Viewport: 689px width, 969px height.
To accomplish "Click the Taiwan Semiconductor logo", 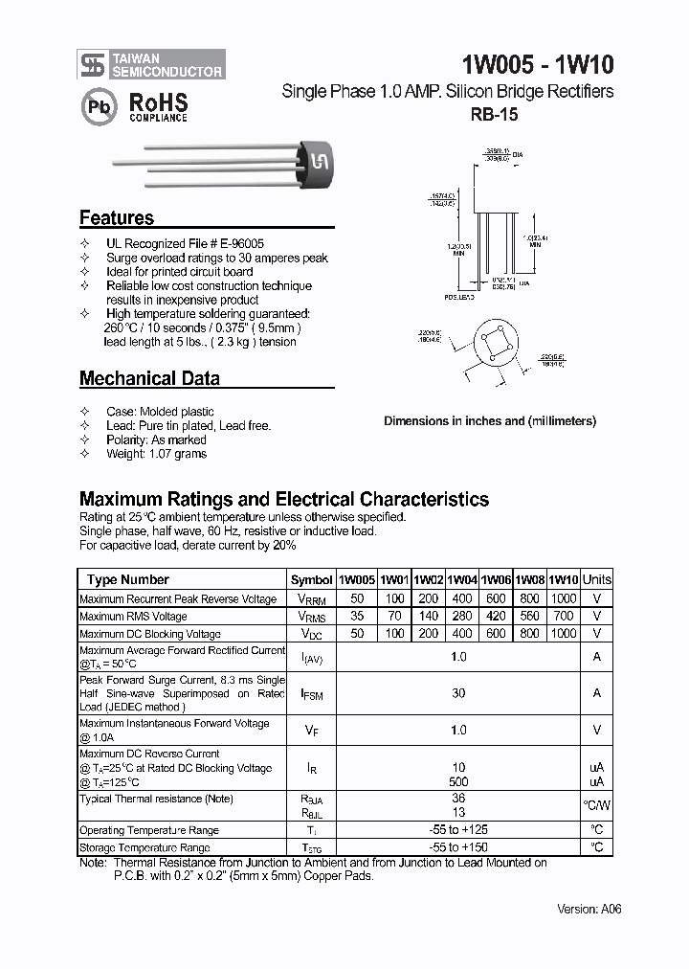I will tap(151, 65).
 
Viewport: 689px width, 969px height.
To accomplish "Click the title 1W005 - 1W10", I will tap(538, 65).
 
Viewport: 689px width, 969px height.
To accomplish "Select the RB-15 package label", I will tap(495, 114).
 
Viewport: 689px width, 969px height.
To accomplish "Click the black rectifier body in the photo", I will tap(316, 164).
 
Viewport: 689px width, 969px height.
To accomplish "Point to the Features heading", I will tap(116, 217).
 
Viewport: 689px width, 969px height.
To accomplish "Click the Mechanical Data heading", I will tap(149, 378).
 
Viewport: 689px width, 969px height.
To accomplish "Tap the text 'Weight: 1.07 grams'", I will tap(156, 454).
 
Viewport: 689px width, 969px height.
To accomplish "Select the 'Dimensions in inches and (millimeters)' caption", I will tap(490, 420).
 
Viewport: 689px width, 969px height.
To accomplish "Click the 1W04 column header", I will tap(462, 579).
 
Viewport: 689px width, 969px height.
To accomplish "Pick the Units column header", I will tap(596, 579).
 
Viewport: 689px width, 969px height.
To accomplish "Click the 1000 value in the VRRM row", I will tap(564, 598).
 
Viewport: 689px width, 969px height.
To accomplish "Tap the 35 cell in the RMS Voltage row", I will tap(357, 617).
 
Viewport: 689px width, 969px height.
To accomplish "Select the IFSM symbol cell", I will tap(311, 693).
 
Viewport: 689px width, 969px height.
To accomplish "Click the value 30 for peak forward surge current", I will tap(458, 693).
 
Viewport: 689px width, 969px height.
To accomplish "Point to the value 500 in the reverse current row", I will tap(458, 781).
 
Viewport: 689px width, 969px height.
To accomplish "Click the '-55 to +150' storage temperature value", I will tap(458, 847).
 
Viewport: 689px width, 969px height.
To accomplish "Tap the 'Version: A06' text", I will tap(589, 909).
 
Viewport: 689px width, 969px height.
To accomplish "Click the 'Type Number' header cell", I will tap(127, 579).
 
